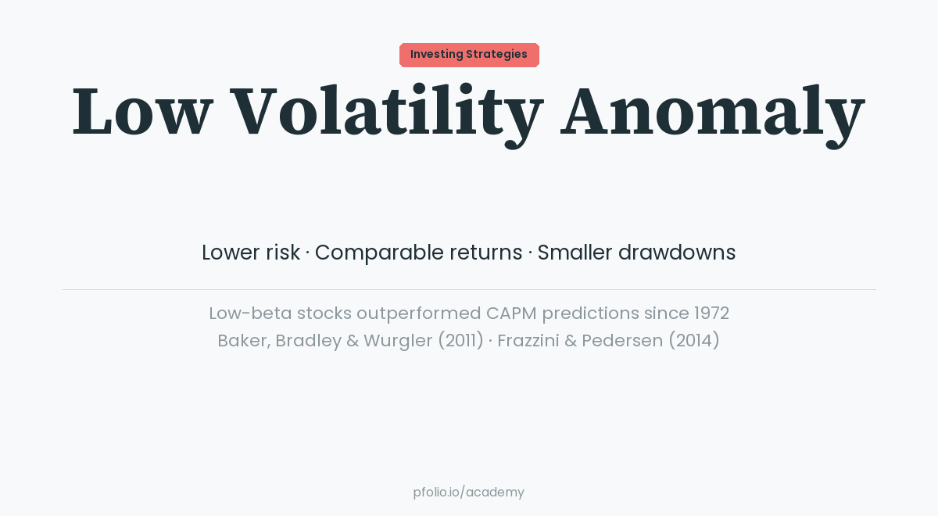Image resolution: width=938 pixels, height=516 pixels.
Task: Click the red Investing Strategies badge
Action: pyautogui.click(x=469, y=55)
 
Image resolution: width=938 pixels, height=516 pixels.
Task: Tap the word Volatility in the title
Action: pyautogui.click(x=386, y=112)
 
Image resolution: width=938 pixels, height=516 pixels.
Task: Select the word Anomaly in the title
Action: pyautogui.click(x=712, y=112)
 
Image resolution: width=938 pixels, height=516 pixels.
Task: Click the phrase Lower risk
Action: pyautogui.click(x=250, y=253)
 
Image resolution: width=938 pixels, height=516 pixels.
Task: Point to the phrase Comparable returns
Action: pyautogui.click(x=418, y=253)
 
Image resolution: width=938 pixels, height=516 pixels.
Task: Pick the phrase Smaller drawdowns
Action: pyautogui.click(x=636, y=253)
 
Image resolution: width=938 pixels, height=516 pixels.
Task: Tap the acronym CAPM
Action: pyautogui.click(x=511, y=314)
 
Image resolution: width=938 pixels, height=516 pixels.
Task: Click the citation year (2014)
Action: pyautogui.click(x=693, y=341)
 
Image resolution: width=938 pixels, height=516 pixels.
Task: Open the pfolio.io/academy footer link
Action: pyautogui.click(x=469, y=493)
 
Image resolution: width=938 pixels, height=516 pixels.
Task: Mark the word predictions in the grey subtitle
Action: pyautogui.click(x=590, y=314)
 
